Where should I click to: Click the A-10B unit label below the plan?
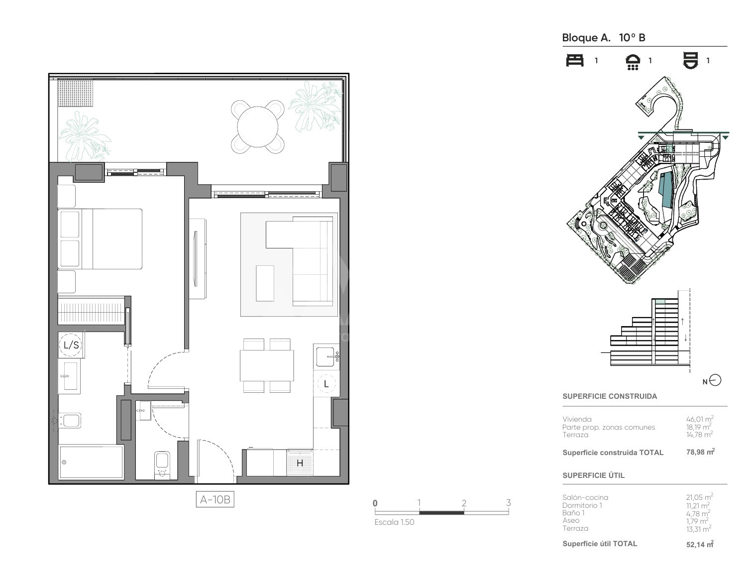[x=214, y=499]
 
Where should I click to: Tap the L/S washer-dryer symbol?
[x=71, y=345]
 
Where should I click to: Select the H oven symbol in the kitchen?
[x=300, y=463]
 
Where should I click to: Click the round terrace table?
[x=257, y=126]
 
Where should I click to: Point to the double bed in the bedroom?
[x=100, y=238]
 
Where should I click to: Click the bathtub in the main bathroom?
[x=91, y=463]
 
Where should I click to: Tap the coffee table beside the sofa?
[x=265, y=283]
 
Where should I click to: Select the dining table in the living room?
[x=267, y=365]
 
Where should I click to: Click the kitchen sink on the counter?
[x=326, y=356]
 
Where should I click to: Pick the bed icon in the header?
[x=575, y=60]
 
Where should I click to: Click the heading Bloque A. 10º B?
[x=604, y=37]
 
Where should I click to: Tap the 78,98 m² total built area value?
[x=700, y=452]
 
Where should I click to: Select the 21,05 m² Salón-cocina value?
[x=699, y=497]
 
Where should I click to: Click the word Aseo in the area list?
[x=571, y=520]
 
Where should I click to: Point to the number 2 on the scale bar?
[x=464, y=503]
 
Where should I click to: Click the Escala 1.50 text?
[x=394, y=522]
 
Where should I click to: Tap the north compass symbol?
[x=716, y=380]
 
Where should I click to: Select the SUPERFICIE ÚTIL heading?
[x=593, y=475]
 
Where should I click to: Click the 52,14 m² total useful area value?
[x=700, y=544]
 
